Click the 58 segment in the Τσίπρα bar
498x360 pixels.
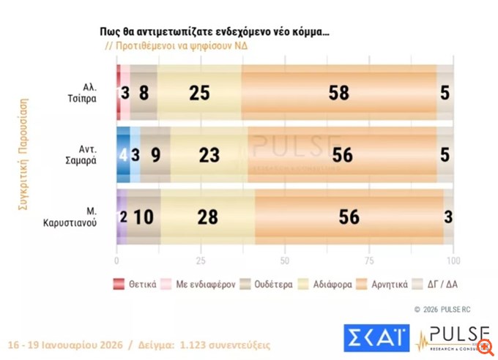point(338,93)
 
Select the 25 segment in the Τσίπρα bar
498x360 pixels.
point(199,93)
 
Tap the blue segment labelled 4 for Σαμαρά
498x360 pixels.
point(123,154)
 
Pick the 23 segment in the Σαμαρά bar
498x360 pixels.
point(209,154)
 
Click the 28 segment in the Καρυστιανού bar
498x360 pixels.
point(207,216)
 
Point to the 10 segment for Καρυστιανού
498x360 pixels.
point(144,216)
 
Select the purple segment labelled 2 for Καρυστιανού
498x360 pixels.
point(122,216)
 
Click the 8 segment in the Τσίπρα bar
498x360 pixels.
point(144,93)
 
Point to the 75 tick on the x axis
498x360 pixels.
point(370,260)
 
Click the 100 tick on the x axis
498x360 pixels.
point(453,260)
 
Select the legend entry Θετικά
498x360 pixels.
point(135,284)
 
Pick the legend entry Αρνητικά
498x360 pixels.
point(387,284)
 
